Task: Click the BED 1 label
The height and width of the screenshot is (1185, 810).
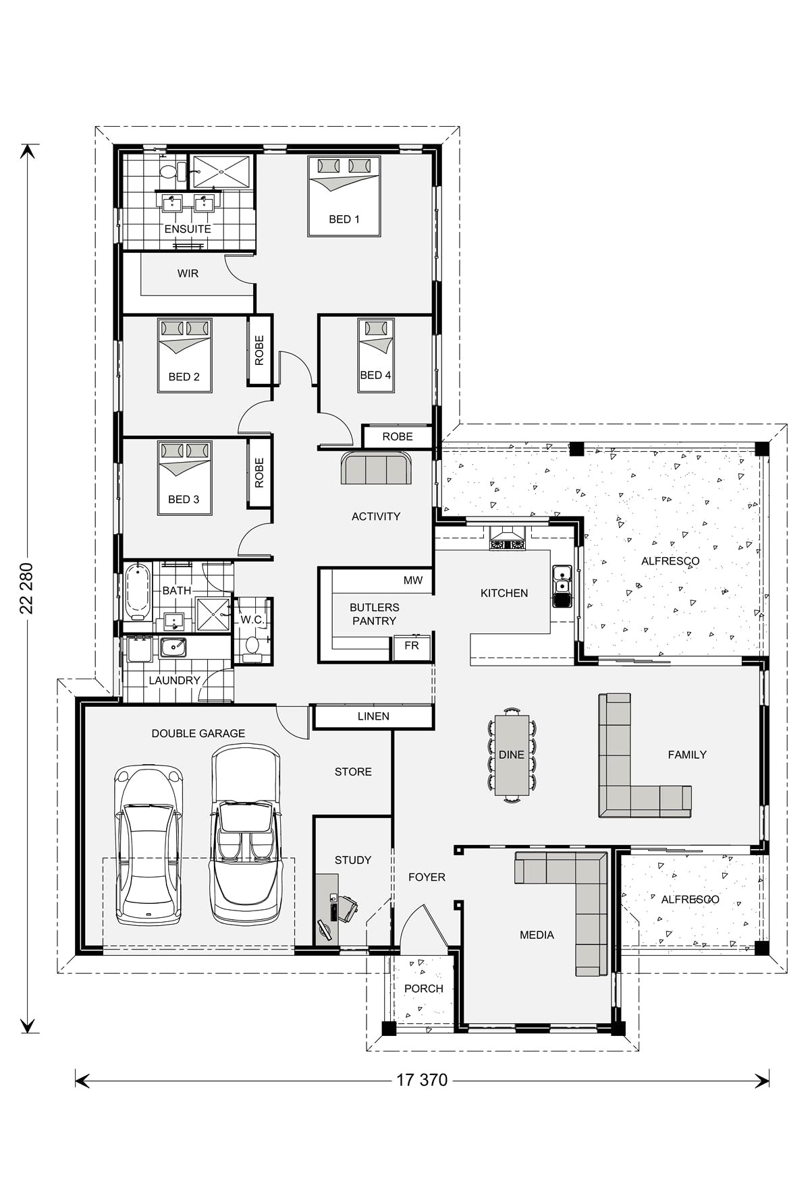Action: [344, 219]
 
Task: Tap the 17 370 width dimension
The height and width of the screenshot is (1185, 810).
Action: [421, 1080]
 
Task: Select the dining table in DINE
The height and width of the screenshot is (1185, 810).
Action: [512, 755]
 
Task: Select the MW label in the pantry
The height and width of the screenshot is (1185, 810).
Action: [412, 580]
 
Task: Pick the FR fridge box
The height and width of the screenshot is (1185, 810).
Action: [412, 645]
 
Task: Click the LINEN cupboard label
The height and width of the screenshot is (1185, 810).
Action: [373, 716]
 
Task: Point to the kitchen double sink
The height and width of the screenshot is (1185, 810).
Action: [561, 586]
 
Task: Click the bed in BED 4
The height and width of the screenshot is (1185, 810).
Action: [375, 355]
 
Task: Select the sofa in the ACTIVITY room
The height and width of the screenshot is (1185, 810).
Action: [376, 468]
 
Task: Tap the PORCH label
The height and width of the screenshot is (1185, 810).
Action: [423, 989]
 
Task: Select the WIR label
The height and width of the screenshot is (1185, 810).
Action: [188, 274]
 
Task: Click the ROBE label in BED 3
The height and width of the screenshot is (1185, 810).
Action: [259, 473]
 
